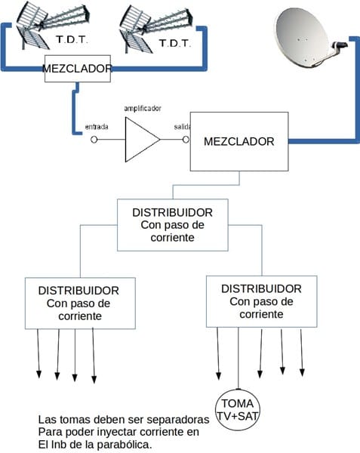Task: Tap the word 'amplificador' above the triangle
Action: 143,109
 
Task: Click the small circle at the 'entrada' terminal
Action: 94,140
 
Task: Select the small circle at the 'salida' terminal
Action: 186,140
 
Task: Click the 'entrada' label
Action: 97,127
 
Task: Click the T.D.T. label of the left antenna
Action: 72,39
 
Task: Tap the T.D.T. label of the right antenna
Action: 175,43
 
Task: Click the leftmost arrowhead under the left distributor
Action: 38,374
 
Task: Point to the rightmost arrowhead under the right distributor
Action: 302,373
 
